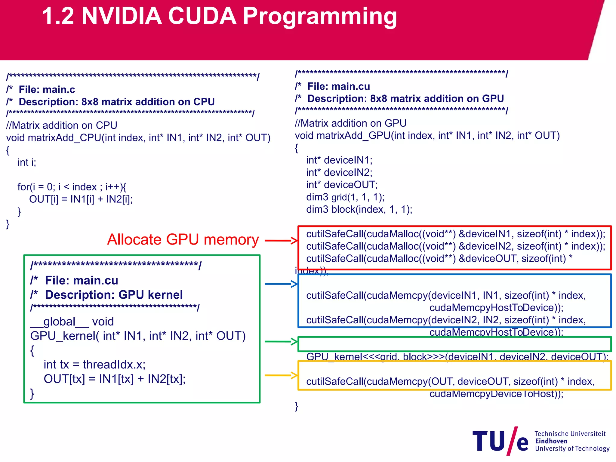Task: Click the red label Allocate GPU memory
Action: (x=183, y=240)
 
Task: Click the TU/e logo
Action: (x=500, y=441)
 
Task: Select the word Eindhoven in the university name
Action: (x=551, y=441)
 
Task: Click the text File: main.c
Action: (x=47, y=89)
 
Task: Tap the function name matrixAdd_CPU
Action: (x=64, y=137)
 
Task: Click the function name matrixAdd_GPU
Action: (x=353, y=135)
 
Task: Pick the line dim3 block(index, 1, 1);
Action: (x=359, y=209)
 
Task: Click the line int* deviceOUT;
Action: (x=341, y=184)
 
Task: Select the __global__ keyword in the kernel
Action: (x=59, y=322)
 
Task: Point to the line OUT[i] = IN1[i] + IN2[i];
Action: (x=81, y=199)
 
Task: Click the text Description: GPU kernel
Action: (x=114, y=295)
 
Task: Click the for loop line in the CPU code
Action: (x=72, y=187)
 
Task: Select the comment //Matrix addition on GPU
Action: (x=350, y=123)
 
